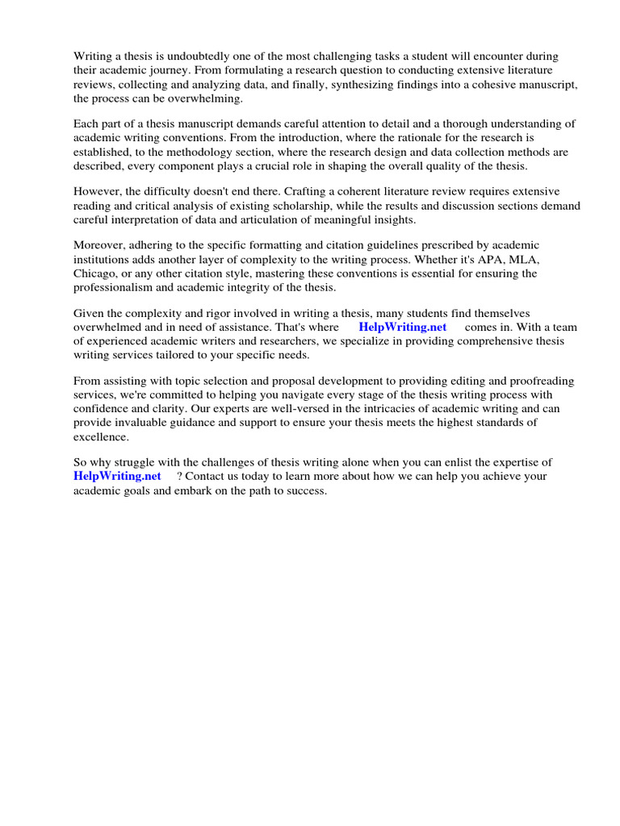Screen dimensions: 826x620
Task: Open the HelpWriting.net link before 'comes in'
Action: click(x=402, y=327)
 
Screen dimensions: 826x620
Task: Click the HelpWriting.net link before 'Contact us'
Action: click(x=117, y=476)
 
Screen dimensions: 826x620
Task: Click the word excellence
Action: click(x=100, y=436)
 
